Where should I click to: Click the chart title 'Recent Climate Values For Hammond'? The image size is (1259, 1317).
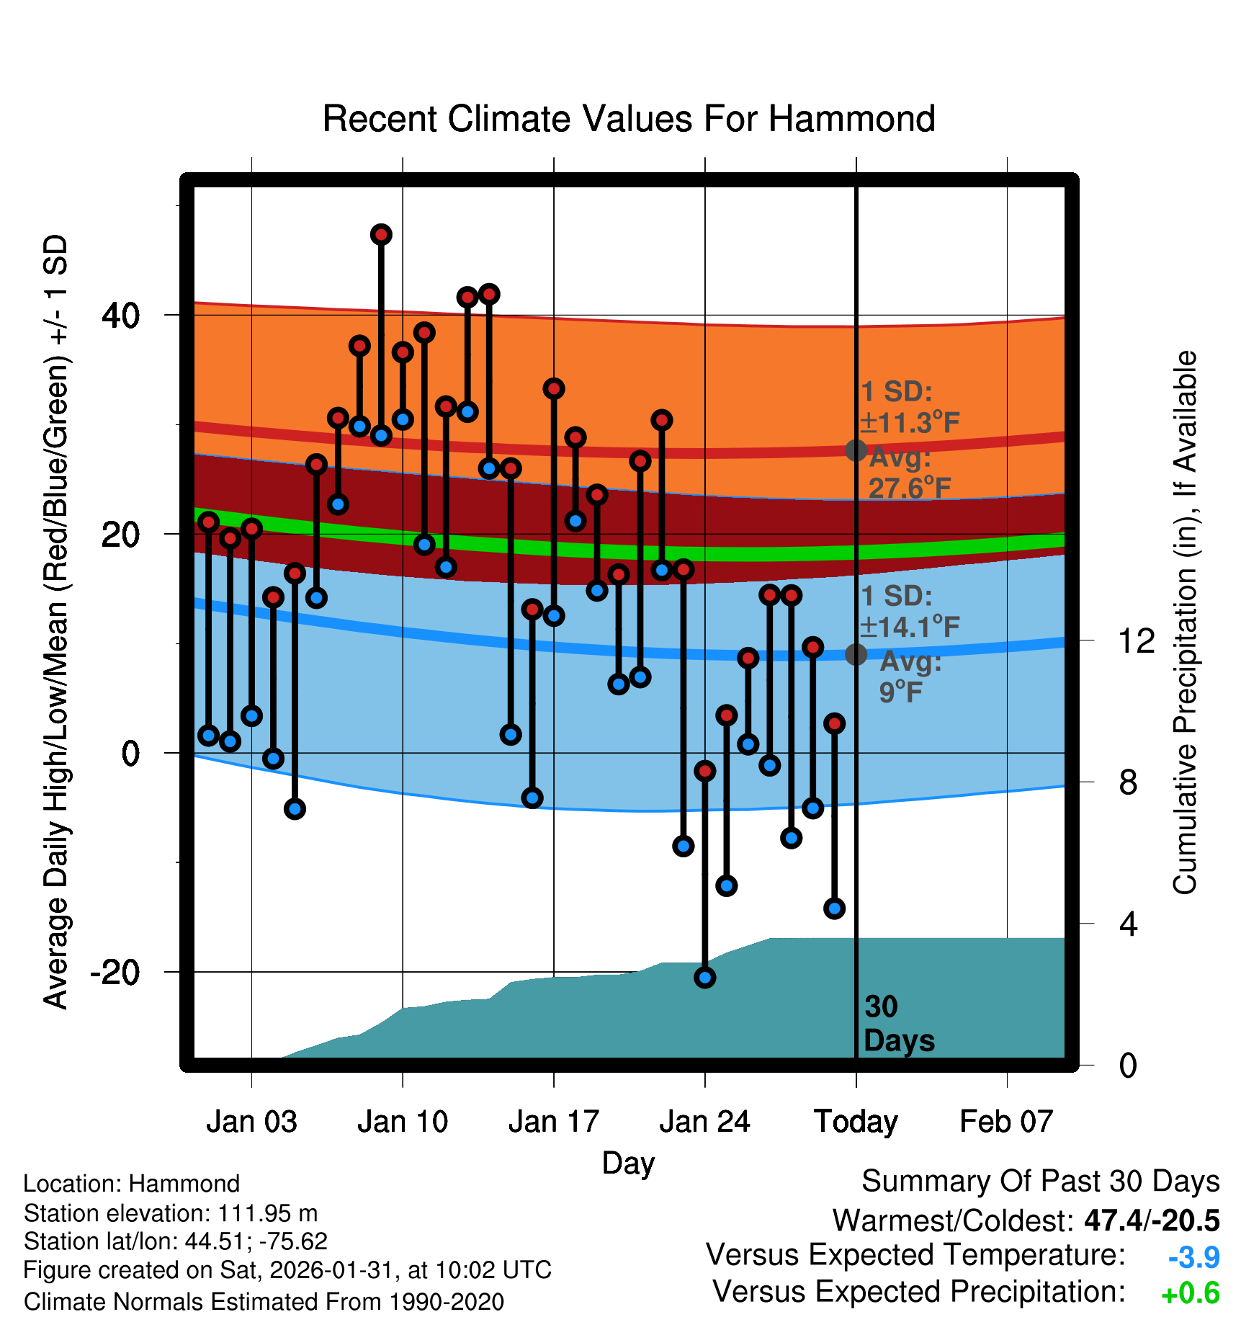[x=629, y=119]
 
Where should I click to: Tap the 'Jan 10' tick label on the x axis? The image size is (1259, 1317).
[x=403, y=1122]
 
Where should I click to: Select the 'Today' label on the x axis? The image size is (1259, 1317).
[x=856, y=1122]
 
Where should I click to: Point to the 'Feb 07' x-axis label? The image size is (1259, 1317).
[x=1006, y=1122]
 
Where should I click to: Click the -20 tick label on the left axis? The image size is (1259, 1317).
[x=115, y=973]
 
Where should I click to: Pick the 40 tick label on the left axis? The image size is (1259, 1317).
[x=121, y=316]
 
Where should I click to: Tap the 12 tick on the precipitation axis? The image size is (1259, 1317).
[x=1136, y=640]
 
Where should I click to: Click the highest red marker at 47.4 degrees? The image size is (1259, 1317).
[x=381, y=234]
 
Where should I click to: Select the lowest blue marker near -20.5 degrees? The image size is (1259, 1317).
[x=704, y=978]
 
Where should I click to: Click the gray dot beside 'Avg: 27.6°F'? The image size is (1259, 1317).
[x=856, y=450]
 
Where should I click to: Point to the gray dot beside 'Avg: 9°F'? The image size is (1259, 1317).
[x=856, y=654]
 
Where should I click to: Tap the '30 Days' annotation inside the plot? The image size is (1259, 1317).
[x=898, y=1024]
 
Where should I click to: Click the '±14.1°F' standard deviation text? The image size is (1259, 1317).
[x=910, y=627]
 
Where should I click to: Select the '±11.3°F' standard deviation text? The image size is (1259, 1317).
[x=910, y=423]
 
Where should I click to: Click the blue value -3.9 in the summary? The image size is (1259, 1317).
[x=1193, y=1257]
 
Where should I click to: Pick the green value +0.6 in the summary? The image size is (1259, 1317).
[x=1191, y=1294]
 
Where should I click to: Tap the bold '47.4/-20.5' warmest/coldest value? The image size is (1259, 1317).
[x=1152, y=1220]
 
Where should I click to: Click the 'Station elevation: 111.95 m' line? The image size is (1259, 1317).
[x=171, y=1213]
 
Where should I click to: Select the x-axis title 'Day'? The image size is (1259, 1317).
[x=628, y=1163]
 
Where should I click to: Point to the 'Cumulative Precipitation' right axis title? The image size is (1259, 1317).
[x=1185, y=622]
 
